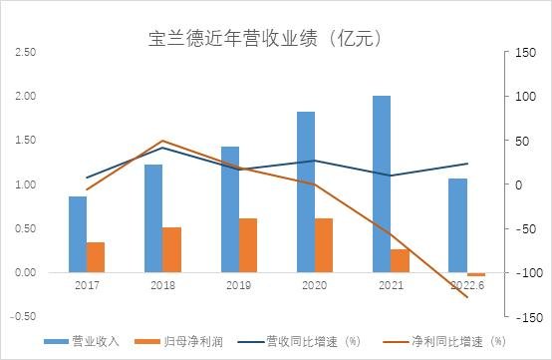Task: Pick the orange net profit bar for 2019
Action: click(248, 245)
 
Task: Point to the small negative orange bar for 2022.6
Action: click(476, 274)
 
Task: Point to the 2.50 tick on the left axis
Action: click(27, 52)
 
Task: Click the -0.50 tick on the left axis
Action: click(25, 316)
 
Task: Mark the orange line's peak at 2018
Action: click(162, 141)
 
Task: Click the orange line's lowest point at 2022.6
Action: click(466, 296)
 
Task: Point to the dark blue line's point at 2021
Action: click(391, 176)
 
